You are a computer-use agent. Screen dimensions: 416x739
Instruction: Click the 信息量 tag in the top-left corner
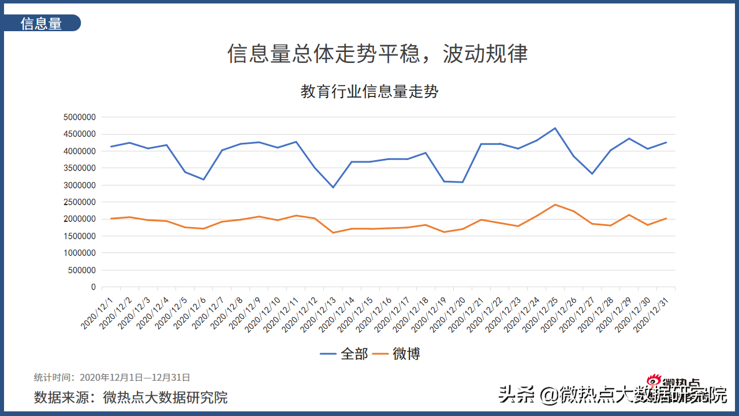click(41, 23)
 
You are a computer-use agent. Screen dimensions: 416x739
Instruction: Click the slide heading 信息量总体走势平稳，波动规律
click(378, 54)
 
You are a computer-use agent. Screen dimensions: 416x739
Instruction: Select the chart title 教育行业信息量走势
click(369, 91)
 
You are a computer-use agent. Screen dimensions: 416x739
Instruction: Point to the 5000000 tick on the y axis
click(79, 117)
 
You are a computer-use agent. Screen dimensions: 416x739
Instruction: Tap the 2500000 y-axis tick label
click(79, 202)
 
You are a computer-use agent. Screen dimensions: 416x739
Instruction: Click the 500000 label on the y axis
click(82, 270)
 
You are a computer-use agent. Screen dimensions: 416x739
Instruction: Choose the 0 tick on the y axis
click(92, 287)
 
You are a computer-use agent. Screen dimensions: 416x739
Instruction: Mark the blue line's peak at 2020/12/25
click(555, 128)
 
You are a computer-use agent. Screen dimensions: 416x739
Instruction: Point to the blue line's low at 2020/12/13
click(333, 187)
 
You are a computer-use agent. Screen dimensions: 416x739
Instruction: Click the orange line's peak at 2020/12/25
click(555, 205)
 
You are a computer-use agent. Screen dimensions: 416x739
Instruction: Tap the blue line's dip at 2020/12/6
click(203, 179)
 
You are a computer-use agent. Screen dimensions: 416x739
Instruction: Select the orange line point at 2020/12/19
click(444, 232)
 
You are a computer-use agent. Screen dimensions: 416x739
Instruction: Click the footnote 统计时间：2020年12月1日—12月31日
click(112, 377)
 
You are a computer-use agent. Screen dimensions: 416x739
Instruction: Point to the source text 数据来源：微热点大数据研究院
click(130, 397)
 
